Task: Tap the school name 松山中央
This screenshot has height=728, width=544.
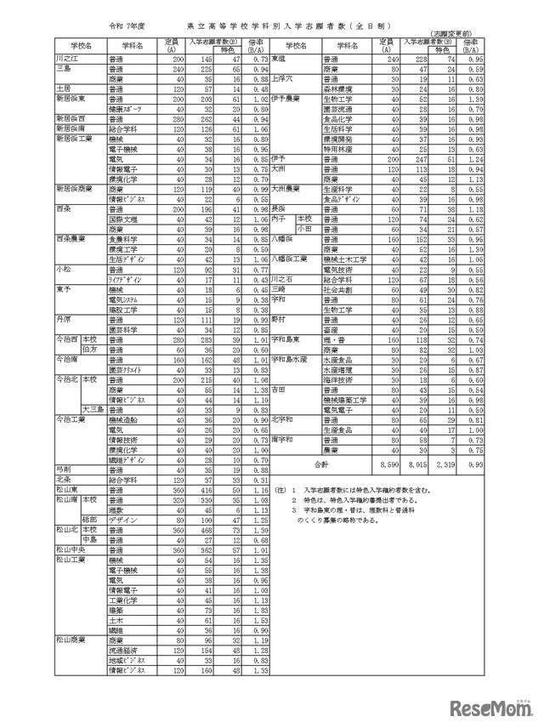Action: point(69,550)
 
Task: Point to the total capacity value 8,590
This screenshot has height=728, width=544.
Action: point(387,465)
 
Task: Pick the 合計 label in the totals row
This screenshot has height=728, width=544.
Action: point(320,465)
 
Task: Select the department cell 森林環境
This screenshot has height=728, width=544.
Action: point(337,86)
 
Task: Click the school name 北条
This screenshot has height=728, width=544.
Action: point(62,480)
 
